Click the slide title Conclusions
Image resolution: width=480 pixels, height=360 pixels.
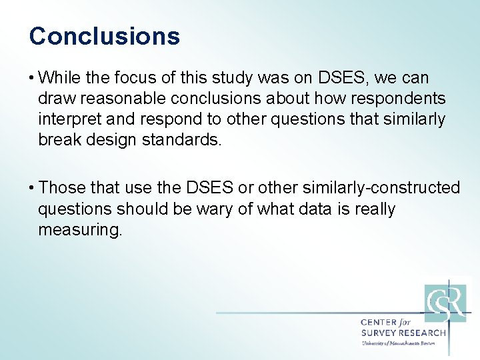tap(105, 36)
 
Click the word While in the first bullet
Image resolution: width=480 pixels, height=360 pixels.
tap(60, 79)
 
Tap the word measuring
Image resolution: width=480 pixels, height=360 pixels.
tap(80, 230)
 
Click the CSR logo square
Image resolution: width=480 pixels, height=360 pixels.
tap(445, 303)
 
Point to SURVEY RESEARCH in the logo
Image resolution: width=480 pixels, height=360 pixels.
tap(403, 333)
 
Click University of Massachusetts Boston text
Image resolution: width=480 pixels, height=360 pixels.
tap(398, 343)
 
